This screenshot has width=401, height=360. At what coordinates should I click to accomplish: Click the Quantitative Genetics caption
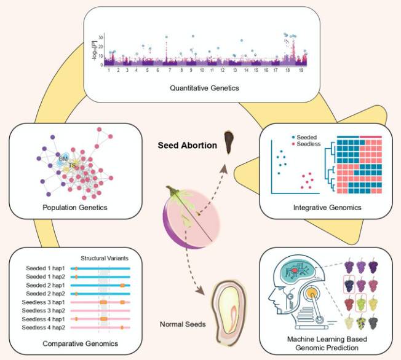pyautogui.click(x=205, y=88)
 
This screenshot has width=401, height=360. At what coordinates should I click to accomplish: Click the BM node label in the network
pyautogui.click(x=63, y=158)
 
